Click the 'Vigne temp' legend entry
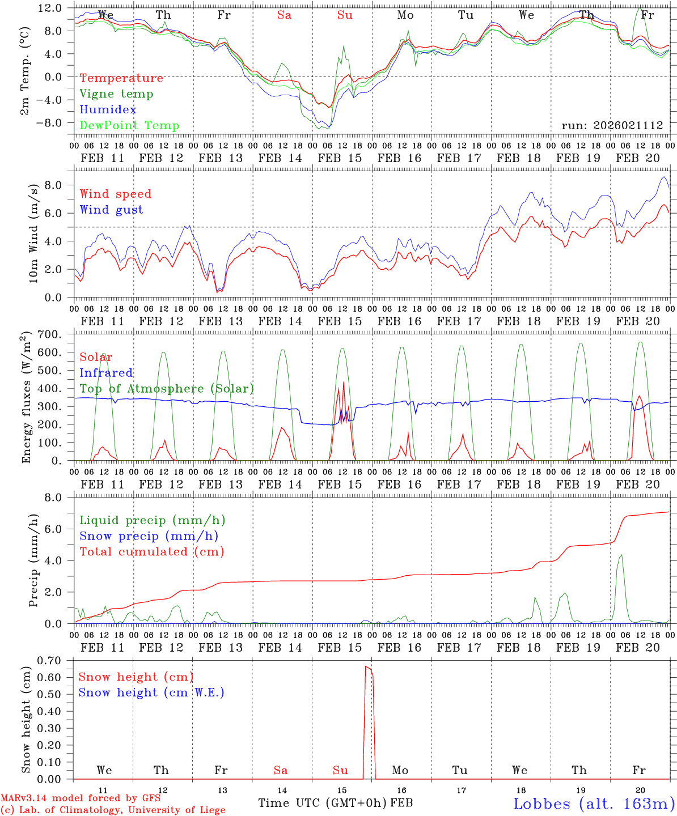pyautogui.click(x=116, y=94)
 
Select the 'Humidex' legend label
pyautogui.click(x=108, y=110)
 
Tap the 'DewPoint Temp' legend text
pyautogui.click(x=129, y=126)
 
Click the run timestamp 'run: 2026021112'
pyautogui.click(x=612, y=126)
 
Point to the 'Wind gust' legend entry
pyautogui.click(x=111, y=210)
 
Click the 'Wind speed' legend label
pyautogui.click(x=116, y=194)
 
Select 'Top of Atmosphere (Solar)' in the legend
pyautogui.click(x=167, y=389)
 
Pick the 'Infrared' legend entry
pyautogui.click(x=106, y=373)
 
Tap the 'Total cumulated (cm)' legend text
pyautogui.click(x=151, y=551)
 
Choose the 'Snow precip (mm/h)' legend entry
pyautogui.click(x=149, y=536)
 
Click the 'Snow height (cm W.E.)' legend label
pyautogui.click(x=151, y=692)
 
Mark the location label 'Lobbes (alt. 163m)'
pyautogui.click(x=594, y=804)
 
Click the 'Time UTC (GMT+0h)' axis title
pyautogui.click(x=323, y=803)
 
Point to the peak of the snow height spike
pyautogui.click(x=366, y=667)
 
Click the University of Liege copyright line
pyautogui.click(x=113, y=810)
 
